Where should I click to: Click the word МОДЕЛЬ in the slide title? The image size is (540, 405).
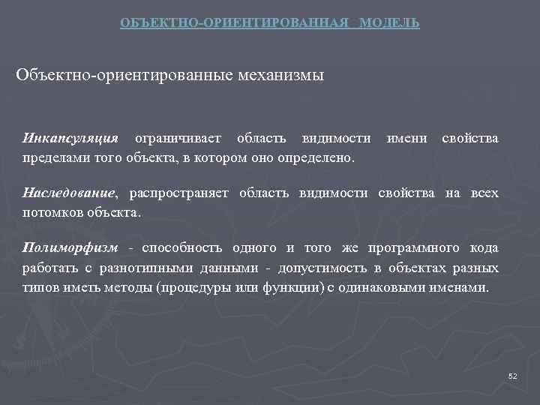pos(389,23)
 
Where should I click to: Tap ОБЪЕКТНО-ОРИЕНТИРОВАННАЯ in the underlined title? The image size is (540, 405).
pos(235,23)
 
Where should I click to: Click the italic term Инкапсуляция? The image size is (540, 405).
pos(70,138)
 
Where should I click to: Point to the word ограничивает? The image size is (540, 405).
pos(177,138)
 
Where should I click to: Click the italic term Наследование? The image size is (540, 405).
pos(70,193)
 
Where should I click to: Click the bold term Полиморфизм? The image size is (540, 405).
pos(70,248)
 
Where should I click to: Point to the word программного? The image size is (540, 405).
pos(415,248)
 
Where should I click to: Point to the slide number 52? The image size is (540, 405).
pos(513,376)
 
